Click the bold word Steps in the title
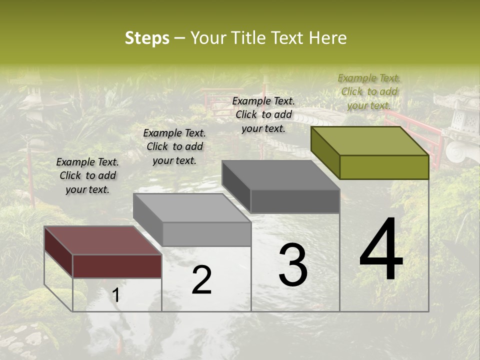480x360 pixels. tap(147, 38)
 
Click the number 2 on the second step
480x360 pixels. tap(201, 280)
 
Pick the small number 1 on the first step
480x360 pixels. tap(116, 295)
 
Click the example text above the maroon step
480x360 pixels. tap(87, 175)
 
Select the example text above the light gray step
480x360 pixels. tap(174, 146)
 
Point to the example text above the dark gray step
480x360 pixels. tap(263, 114)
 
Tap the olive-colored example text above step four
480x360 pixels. tap(369, 91)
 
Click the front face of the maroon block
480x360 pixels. tap(117, 266)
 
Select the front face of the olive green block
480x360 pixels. tap(384, 167)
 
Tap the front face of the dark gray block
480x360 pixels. tap(295, 201)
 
